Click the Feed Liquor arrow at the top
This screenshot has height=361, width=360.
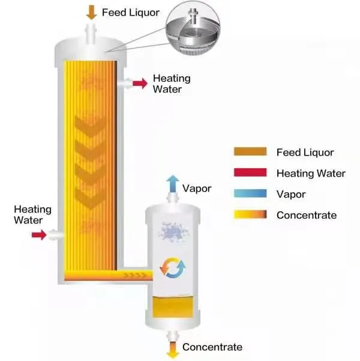click(92, 12)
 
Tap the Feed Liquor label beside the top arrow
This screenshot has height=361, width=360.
click(131, 13)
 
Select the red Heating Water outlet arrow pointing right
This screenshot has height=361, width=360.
click(140, 83)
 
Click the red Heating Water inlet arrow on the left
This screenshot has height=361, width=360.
click(39, 235)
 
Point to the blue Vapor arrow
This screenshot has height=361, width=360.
click(173, 184)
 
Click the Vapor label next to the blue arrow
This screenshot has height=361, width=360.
click(197, 189)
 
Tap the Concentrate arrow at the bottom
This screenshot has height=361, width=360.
click(173, 350)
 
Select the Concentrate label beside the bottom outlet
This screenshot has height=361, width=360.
click(212, 347)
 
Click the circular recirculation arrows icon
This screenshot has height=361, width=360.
click(173, 267)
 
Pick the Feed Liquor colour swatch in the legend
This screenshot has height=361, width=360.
click(250, 151)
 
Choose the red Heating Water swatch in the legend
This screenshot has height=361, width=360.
click(250, 172)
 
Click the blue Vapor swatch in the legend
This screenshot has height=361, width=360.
click(250, 193)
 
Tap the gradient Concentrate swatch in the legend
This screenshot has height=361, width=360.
click(250, 214)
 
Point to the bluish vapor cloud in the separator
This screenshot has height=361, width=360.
click(173, 232)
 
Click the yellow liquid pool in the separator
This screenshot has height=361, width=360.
click(173, 307)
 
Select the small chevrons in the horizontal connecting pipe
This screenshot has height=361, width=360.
click(135, 275)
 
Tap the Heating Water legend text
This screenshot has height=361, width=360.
click(311, 173)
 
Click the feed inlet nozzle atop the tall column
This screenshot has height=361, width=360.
click(91, 34)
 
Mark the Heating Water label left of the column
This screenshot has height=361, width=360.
click(32, 214)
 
